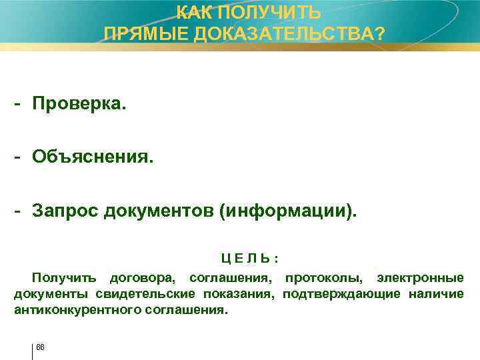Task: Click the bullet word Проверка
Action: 79,105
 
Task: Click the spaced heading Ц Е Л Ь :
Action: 249,258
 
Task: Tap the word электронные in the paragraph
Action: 421,277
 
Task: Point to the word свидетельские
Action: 145,293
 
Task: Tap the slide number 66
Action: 40,346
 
